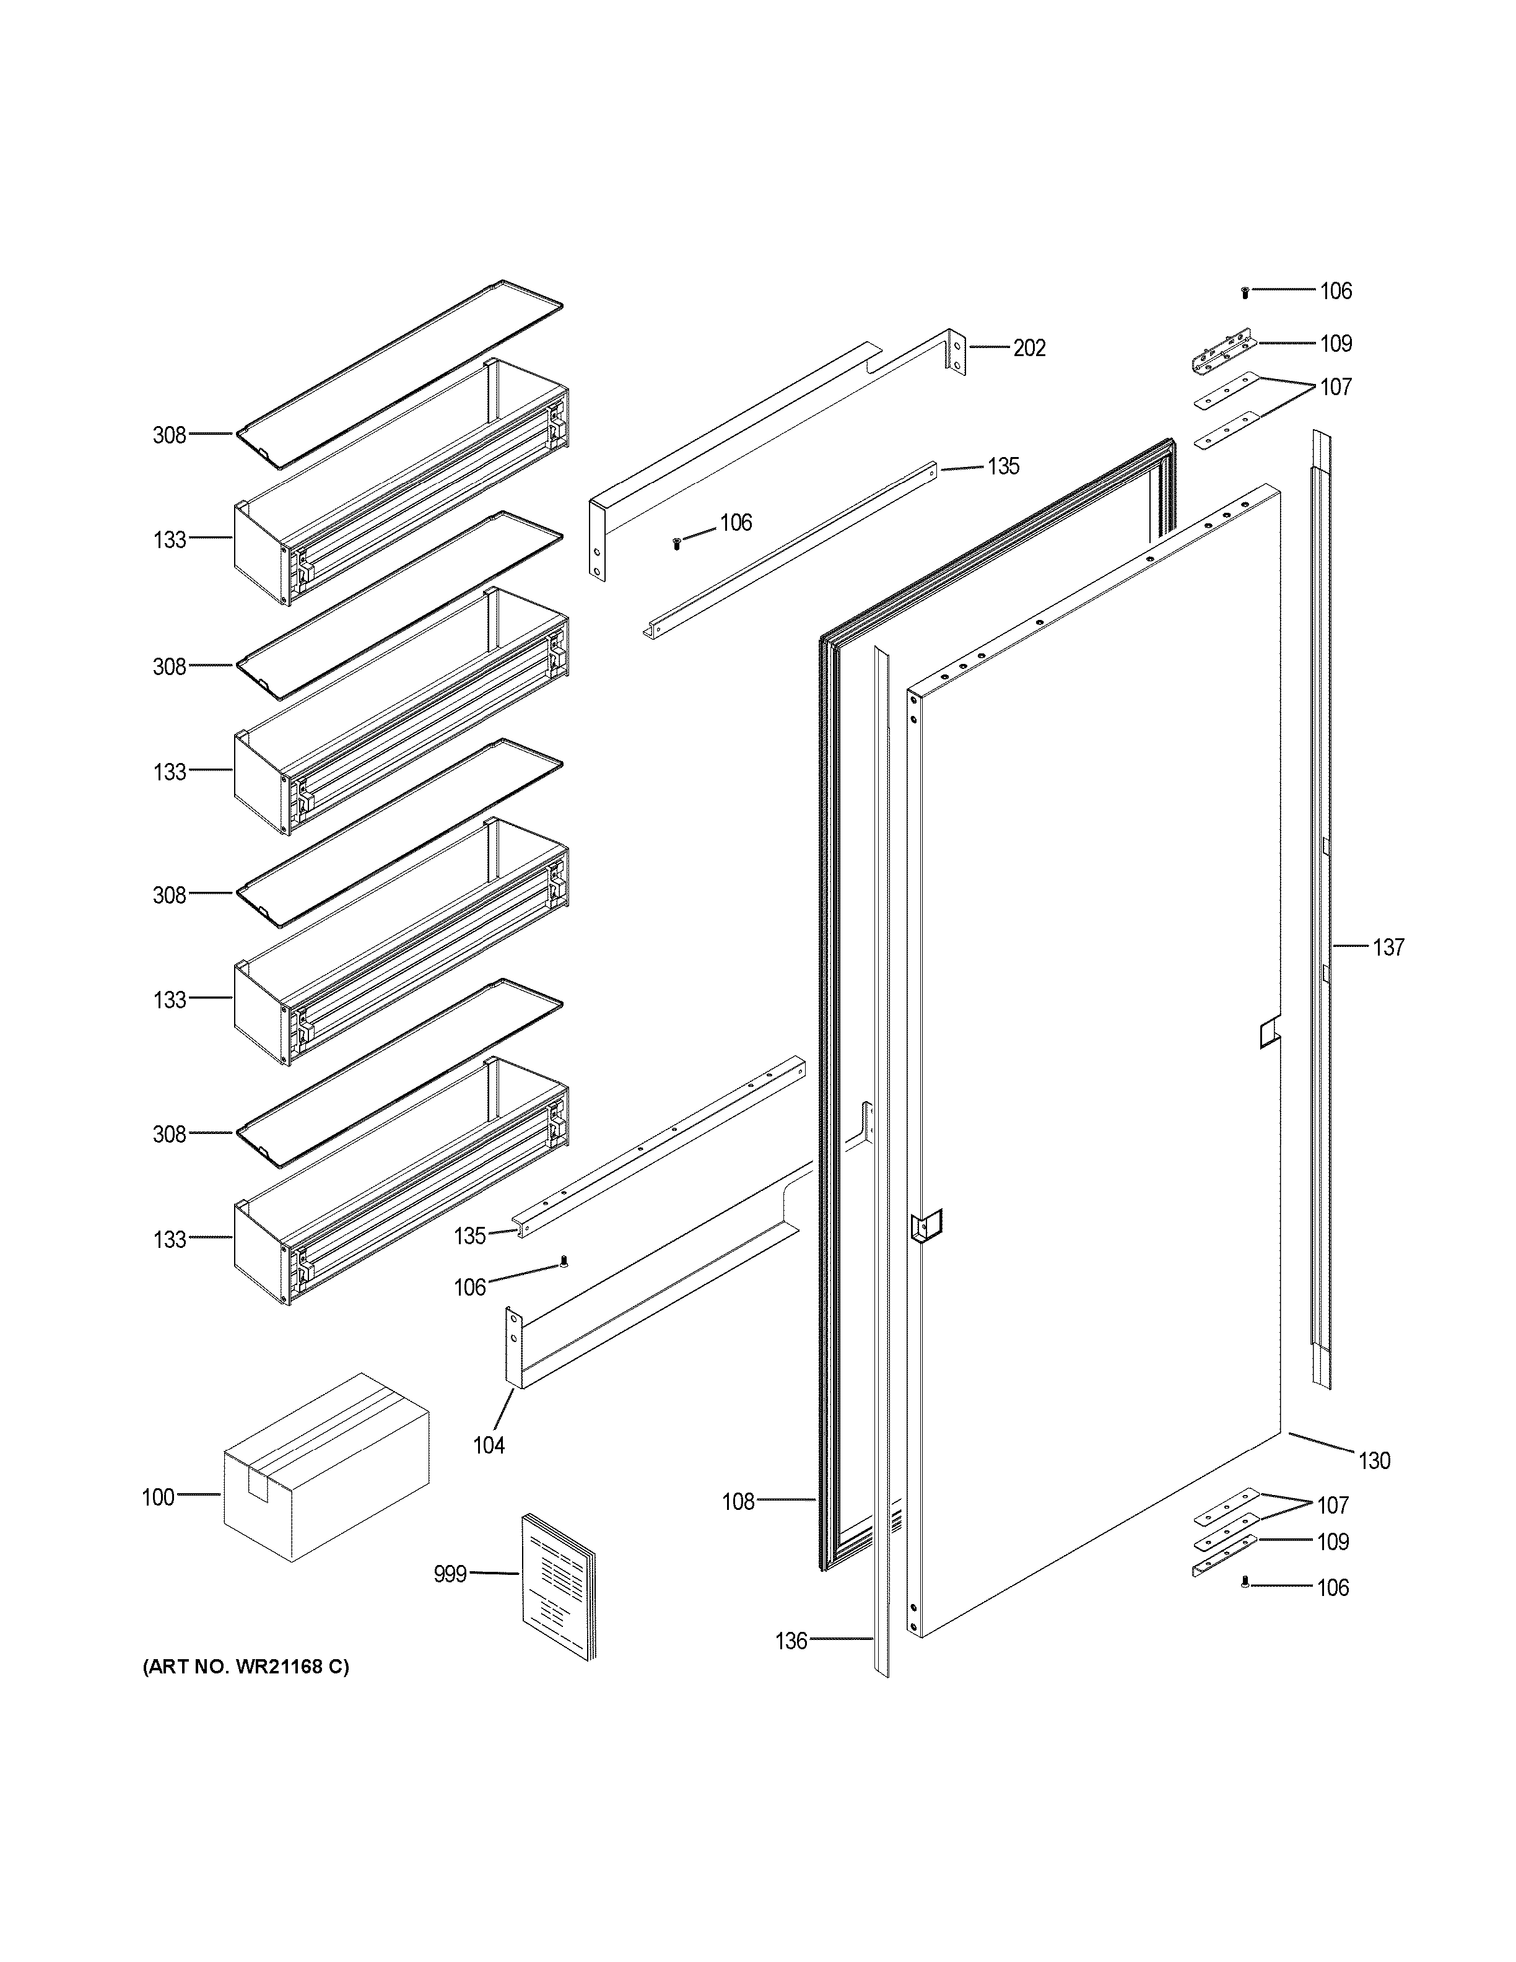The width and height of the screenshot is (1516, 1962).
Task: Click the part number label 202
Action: point(1029,349)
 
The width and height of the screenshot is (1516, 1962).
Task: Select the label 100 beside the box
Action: point(158,1498)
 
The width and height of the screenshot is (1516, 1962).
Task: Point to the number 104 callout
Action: point(489,1445)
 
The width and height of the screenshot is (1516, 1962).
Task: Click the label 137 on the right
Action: point(1388,947)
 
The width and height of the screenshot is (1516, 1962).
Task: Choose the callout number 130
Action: point(1374,1461)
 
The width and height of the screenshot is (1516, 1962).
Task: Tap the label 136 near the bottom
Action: point(791,1641)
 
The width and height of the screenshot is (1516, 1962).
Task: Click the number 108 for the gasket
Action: point(738,1502)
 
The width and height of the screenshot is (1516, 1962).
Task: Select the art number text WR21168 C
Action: point(246,1667)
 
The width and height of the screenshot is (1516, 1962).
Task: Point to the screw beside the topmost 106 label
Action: point(1245,293)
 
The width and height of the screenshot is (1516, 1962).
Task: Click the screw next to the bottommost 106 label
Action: point(1245,1608)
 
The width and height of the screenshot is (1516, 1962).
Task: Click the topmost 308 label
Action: point(169,436)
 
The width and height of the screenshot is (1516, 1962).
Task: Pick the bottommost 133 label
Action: point(169,1240)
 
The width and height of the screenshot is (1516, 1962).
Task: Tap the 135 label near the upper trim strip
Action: point(1003,466)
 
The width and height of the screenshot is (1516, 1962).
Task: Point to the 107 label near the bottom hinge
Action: point(1333,1505)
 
